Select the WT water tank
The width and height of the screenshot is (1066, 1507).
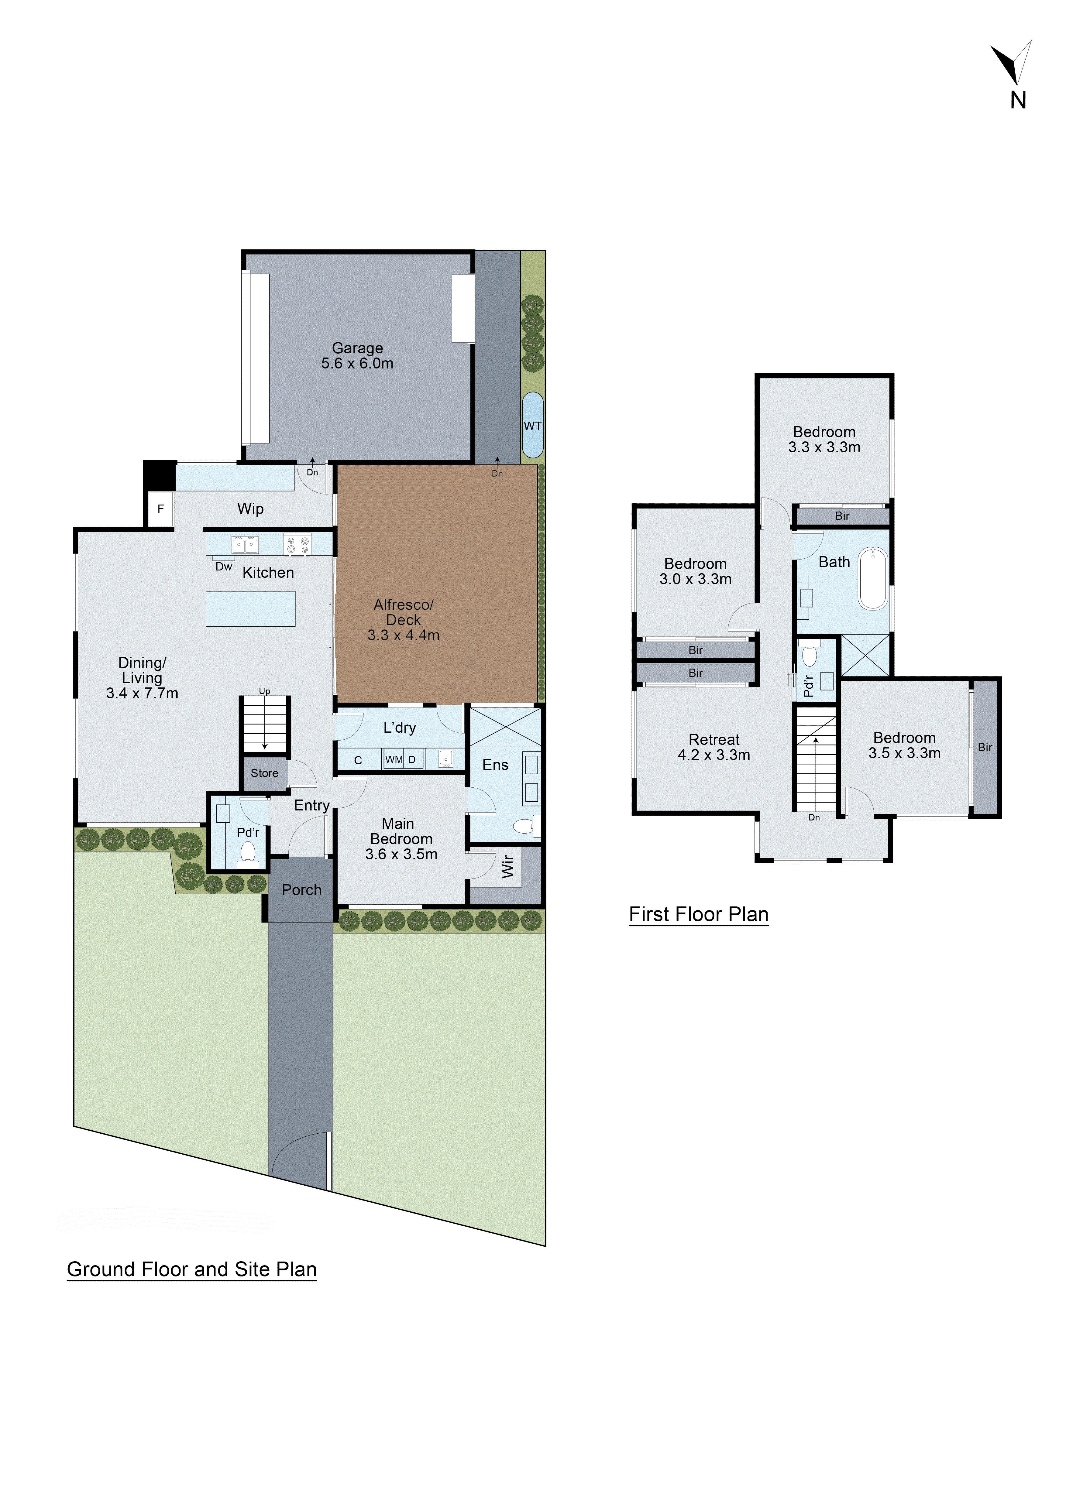point(532,425)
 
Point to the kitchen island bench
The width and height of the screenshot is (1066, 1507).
point(250,608)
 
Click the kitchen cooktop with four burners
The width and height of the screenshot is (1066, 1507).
point(297,545)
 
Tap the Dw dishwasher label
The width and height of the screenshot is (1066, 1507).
point(224,567)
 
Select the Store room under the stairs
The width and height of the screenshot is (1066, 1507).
point(265,773)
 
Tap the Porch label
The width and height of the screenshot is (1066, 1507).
point(301,890)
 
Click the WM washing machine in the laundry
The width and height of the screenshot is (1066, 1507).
point(394,759)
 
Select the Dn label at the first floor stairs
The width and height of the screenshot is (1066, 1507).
point(814,817)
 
